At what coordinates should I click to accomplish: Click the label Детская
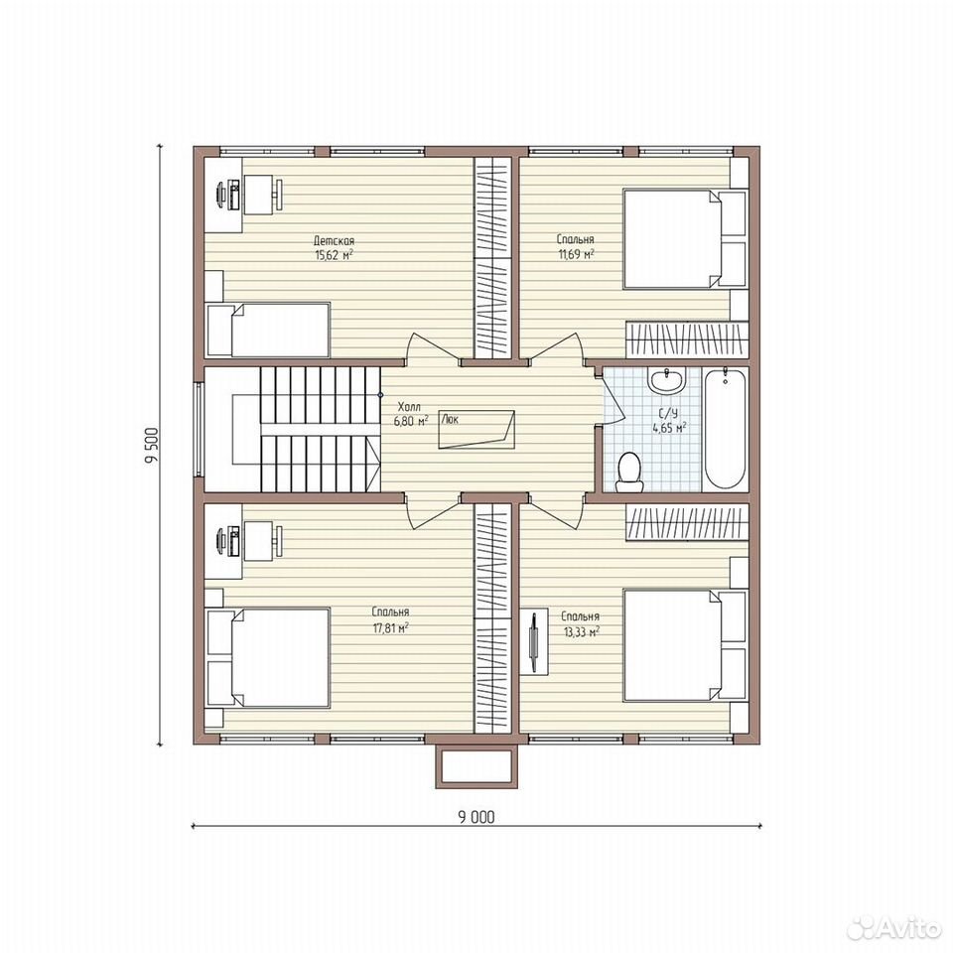pyautogui.click(x=334, y=241)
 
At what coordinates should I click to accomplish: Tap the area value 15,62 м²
pyautogui.click(x=334, y=255)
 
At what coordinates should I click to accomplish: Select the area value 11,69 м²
pyautogui.click(x=576, y=253)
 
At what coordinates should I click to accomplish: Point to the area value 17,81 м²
pyautogui.click(x=390, y=626)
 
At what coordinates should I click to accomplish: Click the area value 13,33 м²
pyautogui.click(x=582, y=631)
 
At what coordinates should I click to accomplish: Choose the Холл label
pyautogui.click(x=408, y=407)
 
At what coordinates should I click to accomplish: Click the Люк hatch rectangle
pyautogui.click(x=476, y=429)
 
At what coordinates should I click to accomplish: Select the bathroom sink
pyautogui.click(x=666, y=380)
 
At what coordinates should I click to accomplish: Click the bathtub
pyautogui.click(x=725, y=427)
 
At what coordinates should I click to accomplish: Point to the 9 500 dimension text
pyautogui.click(x=151, y=446)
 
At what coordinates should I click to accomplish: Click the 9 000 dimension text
pyautogui.click(x=476, y=817)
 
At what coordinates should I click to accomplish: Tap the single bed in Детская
pyautogui.click(x=268, y=330)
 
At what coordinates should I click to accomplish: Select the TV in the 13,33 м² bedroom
pyautogui.click(x=533, y=643)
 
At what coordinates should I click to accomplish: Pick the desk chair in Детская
pyautogui.click(x=278, y=195)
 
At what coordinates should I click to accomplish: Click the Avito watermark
pyautogui.click(x=893, y=927)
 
